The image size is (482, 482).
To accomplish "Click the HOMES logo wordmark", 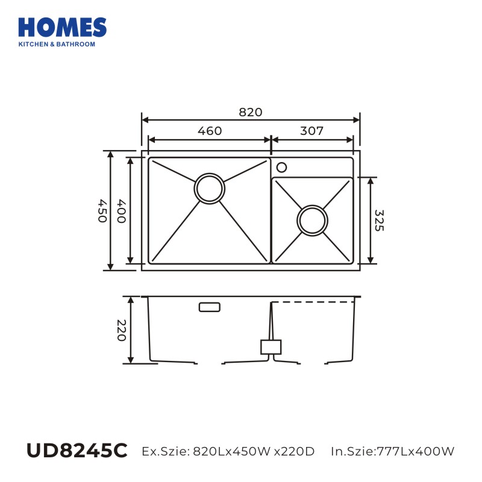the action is [x=63, y=27].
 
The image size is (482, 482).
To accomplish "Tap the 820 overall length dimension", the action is [x=251, y=112].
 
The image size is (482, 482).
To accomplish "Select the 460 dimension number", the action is [x=210, y=131].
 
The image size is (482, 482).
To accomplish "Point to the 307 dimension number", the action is [x=311, y=131].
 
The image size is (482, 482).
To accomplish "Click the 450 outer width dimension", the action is [x=102, y=211].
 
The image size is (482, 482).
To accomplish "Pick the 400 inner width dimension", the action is [x=121, y=211].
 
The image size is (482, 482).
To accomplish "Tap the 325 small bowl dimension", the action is [x=379, y=221].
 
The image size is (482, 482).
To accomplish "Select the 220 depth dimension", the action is [x=121, y=330].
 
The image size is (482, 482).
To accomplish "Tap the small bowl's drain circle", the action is [x=312, y=205].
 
